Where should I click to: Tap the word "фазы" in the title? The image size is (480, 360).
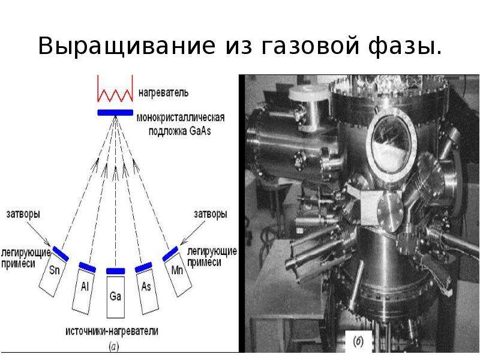point(405,47)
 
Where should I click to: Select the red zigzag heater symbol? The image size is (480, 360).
point(115,88)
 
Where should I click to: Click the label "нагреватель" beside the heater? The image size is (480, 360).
point(164,92)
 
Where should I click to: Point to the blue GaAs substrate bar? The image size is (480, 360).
point(115,112)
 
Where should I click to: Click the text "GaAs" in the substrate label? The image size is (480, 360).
point(200,131)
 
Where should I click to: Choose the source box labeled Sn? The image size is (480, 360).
point(53,274)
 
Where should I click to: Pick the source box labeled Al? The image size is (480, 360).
point(83,290)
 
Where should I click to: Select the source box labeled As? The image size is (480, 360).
point(148,290)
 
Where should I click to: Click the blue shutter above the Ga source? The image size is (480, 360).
point(115,271)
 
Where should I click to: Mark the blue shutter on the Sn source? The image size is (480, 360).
point(61,254)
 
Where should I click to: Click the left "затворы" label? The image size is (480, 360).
point(23,214)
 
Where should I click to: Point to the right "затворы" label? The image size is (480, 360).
point(211,214)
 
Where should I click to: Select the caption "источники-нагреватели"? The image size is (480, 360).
point(112,331)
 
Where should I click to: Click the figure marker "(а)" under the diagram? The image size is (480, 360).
point(114,347)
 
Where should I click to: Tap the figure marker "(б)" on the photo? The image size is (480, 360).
point(358,341)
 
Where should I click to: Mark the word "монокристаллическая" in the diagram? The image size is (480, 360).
point(181,118)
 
